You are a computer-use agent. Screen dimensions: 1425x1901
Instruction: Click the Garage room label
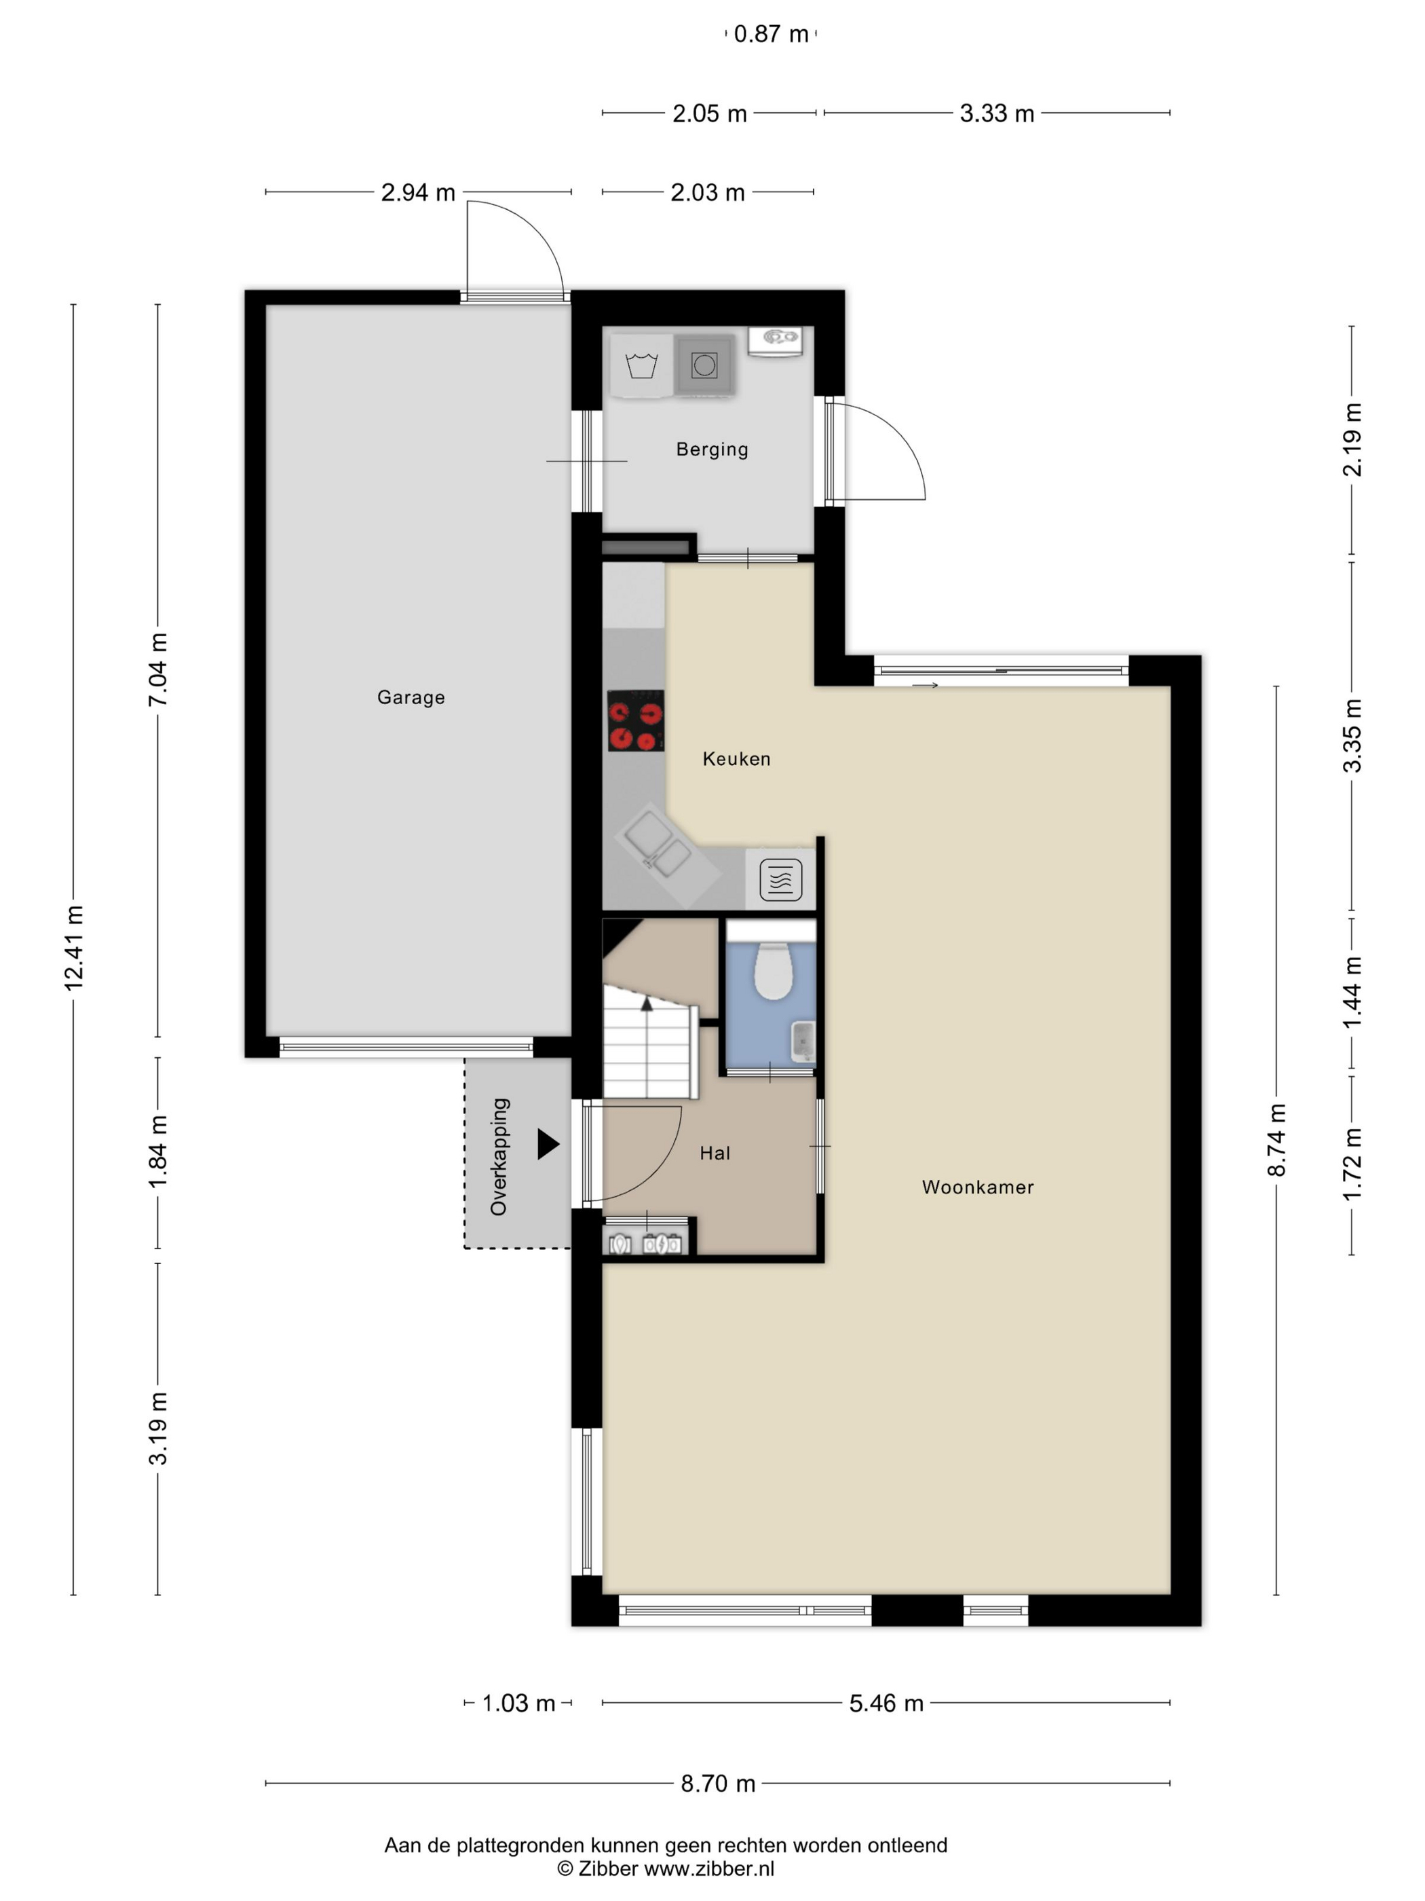(411, 697)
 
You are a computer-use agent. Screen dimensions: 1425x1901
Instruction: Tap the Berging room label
(712, 449)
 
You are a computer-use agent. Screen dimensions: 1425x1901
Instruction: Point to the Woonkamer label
(978, 1187)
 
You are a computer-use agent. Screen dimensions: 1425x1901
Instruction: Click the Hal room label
(715, 1153)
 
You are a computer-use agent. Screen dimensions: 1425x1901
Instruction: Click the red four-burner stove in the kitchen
(636, 720)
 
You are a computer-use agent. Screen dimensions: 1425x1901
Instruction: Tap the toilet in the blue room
(772, 971)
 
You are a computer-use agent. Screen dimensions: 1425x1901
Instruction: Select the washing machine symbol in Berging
(641, 365)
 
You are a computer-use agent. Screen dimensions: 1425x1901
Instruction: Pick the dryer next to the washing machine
(704, 365)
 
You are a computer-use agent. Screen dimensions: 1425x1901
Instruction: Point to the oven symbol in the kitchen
(781, 879)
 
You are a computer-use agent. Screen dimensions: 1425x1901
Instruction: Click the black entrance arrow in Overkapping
(548, 1144)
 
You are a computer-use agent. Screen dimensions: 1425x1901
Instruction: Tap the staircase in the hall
(649, 1041)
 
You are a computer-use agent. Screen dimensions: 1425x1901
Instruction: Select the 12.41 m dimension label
(74, 948)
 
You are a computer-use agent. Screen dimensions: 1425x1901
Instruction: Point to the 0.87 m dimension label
(770, 33)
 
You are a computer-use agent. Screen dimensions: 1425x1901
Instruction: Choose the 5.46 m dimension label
(886, 1703)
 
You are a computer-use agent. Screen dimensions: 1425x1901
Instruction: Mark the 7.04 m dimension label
(158, 669)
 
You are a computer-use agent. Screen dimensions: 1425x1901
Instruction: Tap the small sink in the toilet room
(802, 1042)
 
